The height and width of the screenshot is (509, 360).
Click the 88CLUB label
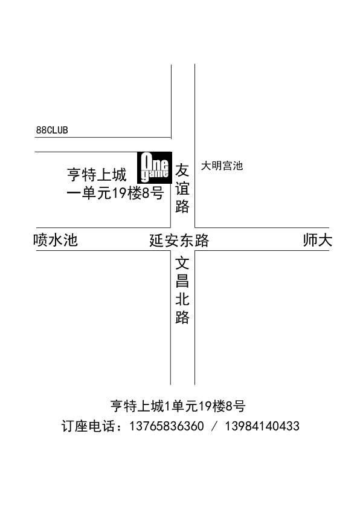pos(52,130)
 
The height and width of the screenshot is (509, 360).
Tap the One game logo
pos(155,167)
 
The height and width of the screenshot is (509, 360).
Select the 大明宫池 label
pos(222,166)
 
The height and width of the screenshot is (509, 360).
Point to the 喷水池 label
pos(56,240)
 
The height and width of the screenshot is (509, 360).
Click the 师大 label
pos(318,240)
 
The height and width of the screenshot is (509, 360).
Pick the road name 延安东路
pos(179,241)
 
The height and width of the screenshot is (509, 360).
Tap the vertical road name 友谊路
pos(182,188)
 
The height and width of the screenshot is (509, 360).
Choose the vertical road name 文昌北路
pos(182,290)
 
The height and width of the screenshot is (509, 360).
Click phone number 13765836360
pos(167,426)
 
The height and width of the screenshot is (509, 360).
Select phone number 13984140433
pos(262,426)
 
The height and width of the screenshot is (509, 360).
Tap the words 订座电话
pos(88,426)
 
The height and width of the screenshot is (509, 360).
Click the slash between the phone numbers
pos(214,426)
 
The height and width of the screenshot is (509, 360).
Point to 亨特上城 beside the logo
pos(97,175)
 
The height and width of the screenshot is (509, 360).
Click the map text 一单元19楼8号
pos(115,194)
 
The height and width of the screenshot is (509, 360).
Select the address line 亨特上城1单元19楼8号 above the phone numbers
pos(178,406)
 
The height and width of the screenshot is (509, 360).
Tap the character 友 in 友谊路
pos(182,170)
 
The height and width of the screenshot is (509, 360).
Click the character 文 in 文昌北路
pos(182,263)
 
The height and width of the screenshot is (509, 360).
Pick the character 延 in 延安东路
pos(156,241)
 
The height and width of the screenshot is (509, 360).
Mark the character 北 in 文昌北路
pos(182,299)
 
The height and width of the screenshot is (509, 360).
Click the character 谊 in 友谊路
pos(182,188)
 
